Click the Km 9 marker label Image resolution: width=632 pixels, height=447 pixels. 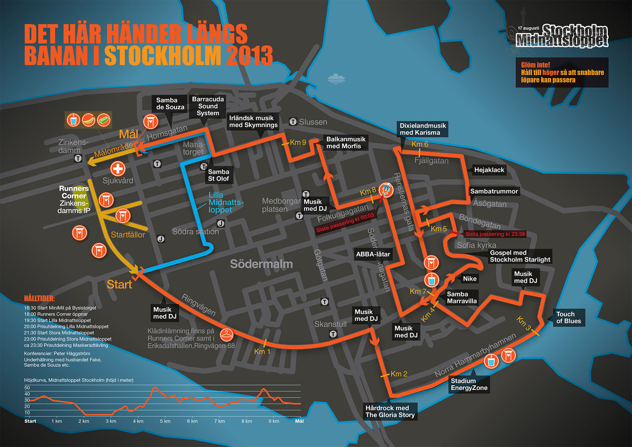click(298, 142)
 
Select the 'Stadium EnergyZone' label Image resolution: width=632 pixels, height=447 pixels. click(469, 384)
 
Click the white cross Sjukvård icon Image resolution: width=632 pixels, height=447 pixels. click(118, 169)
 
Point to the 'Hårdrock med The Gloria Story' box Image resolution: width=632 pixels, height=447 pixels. click(390, 411)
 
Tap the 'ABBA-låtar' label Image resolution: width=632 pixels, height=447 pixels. click(373, 255)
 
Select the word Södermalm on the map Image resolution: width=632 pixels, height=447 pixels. click(261, 264)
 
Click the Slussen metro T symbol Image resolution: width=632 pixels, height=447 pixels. click(293, 122)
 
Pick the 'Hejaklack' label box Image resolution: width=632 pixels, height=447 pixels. click(489, 169)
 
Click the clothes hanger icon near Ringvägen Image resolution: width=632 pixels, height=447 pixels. click(227, 333)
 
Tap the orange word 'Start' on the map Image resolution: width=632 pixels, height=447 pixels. click(119, 284)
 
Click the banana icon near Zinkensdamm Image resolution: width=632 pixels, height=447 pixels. click(89, 119)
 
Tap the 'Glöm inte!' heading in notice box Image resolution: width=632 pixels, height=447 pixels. click(535, 65)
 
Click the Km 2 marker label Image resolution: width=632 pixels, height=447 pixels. click(399, 374)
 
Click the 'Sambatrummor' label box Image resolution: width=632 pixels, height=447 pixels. click(494, 191)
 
